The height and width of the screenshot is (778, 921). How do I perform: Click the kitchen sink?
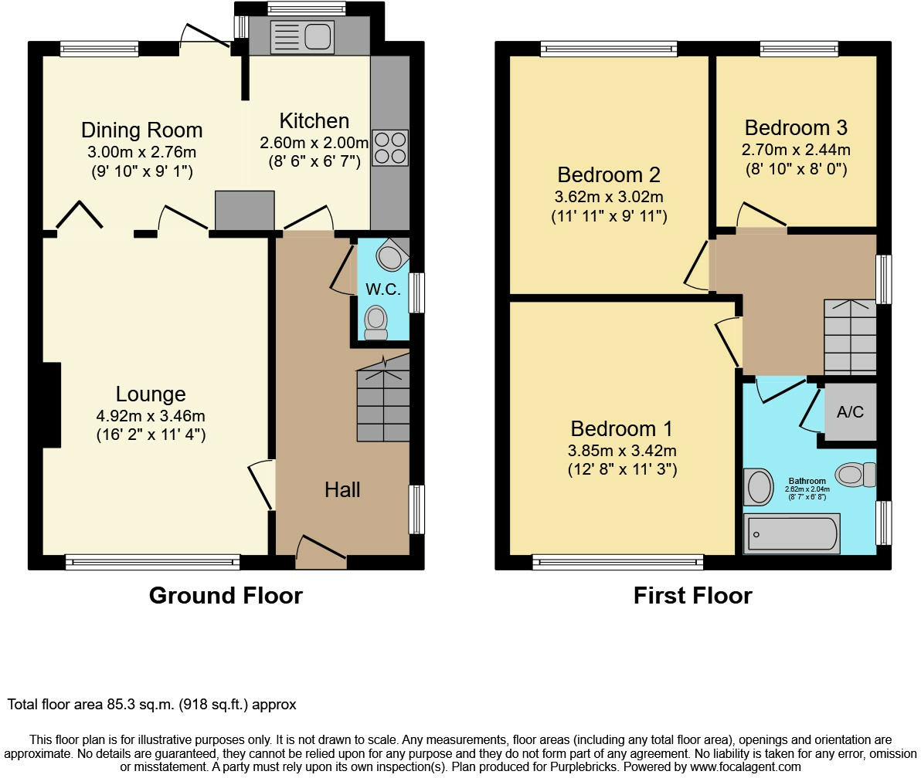[301, 37]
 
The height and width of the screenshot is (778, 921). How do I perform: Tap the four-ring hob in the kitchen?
[390, 147]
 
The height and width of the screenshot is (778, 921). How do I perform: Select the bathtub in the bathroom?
[791, 535]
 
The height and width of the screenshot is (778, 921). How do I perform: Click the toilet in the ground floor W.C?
[376, 322]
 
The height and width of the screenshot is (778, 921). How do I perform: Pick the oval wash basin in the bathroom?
[758, 487]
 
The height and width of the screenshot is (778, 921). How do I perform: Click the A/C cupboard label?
[850, 412]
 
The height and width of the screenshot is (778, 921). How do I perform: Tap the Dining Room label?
[141, 130]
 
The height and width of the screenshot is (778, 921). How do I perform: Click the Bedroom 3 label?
[796, 127]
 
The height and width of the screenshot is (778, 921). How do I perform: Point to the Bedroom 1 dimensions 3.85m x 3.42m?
[622, 450]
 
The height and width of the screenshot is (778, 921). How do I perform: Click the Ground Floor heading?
[226, 596]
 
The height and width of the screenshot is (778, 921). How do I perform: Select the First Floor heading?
[692, 596]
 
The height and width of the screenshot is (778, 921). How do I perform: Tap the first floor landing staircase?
[850, 336]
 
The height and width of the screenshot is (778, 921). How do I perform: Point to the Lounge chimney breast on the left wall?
[52, 405]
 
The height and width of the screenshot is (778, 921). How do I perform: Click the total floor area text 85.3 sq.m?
[152, 705]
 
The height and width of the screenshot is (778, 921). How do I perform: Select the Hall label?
[342, 489]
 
